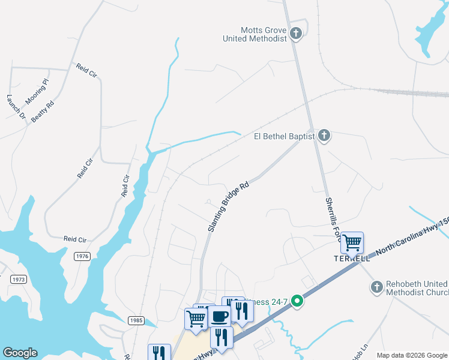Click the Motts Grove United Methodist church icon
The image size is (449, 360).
[296, 33]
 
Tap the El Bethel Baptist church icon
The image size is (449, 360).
[324, 136]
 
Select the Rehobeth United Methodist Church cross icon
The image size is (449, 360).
[376, 287]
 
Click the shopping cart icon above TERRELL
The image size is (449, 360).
[352, 243]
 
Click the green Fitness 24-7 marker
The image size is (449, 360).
[297, 302]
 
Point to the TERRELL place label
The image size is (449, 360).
[352, 258]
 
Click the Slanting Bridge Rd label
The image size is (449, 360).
[228, 208]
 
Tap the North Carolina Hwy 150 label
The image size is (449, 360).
[412, 235]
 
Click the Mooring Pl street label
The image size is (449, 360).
[37, 91]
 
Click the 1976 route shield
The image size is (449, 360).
[82, 256]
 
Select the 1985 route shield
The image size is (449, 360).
[136, 321]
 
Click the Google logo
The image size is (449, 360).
[20, 353]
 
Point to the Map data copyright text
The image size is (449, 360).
[412, 355]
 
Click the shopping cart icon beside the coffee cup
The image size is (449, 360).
[196, 319]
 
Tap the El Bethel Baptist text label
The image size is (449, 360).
[285, 137]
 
